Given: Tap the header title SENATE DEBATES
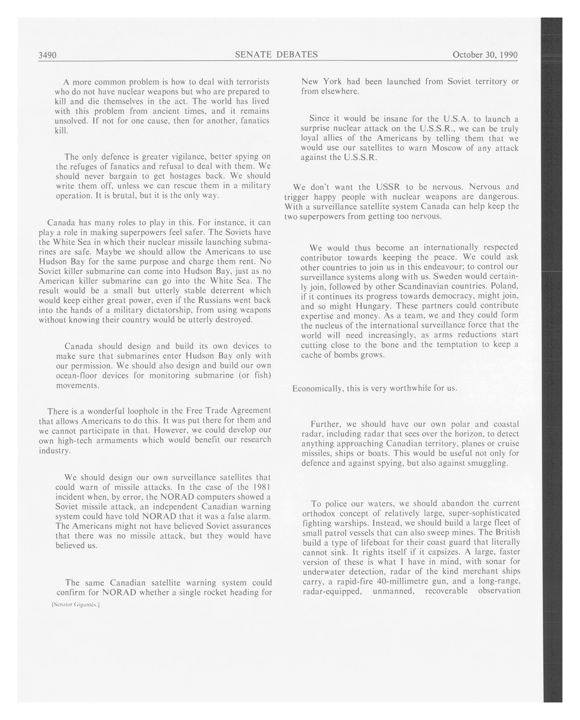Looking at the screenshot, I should pyautogui.click(x=276, y=55).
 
